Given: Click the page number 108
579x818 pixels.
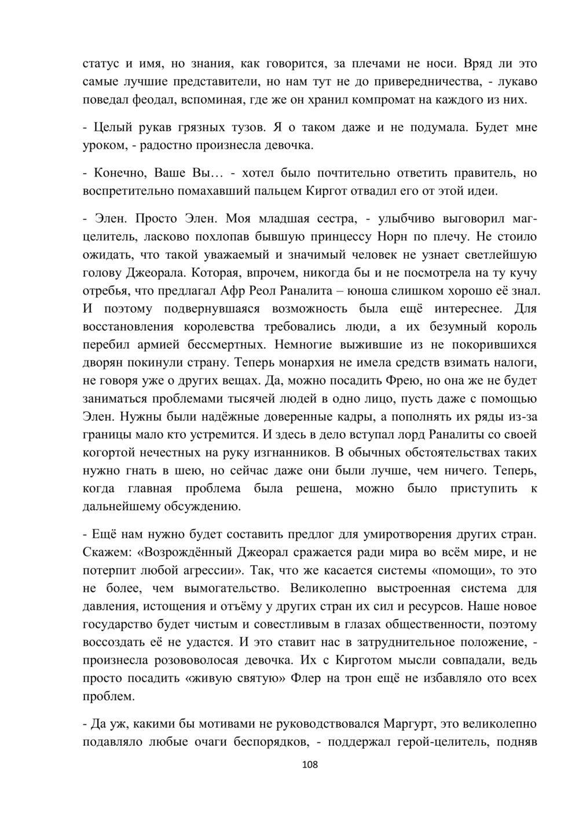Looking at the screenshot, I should [310, 765].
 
